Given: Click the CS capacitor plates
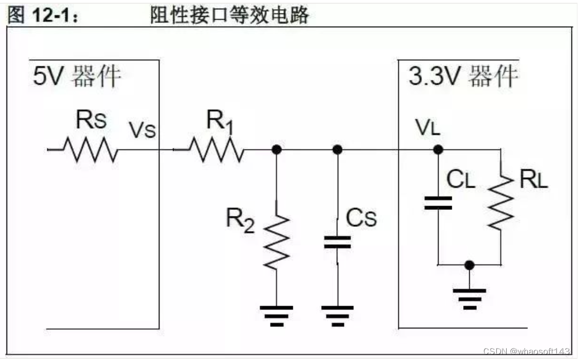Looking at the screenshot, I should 337,243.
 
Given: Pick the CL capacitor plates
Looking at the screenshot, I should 438,203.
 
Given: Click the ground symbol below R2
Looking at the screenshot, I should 276,314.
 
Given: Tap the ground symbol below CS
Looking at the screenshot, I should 337,314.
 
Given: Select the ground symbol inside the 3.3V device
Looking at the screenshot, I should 469,297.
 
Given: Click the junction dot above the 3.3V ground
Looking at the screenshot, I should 469,265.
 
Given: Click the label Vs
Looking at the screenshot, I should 142,130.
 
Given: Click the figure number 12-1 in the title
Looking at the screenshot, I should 52,16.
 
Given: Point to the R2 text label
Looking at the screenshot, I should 240,220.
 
